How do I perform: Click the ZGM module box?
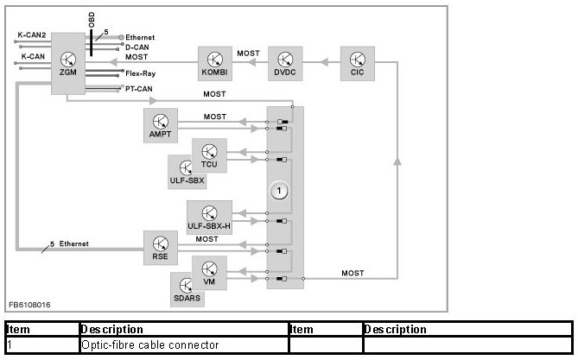point(68,63)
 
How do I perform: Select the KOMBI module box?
point(215,63)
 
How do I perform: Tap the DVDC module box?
point(285,63)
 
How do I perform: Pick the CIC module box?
point(358,63)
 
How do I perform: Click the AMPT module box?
point(161,126)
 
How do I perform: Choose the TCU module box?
point(209,155)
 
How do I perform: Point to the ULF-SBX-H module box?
point(209,218)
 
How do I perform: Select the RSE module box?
point(161,248)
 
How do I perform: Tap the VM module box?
point(209,273)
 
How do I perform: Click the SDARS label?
point(187,298)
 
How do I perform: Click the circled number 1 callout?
point(279,191)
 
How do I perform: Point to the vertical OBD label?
point(92,20)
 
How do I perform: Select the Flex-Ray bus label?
point(141,73)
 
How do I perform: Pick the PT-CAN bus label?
point(138,89)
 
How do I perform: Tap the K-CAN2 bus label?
point(32,35)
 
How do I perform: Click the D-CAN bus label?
point(137,47)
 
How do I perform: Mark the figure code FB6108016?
point(29,305)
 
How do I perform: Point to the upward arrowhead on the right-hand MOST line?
point(397,161)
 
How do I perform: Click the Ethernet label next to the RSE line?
point(74,243)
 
